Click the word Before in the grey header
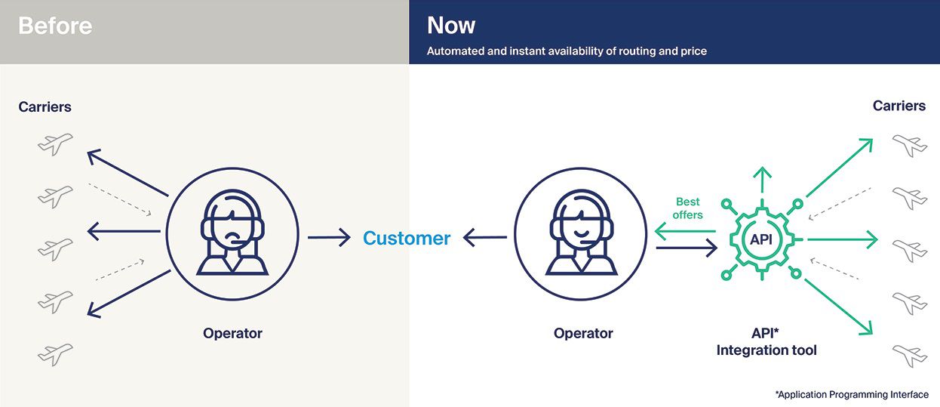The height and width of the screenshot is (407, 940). point(55,26)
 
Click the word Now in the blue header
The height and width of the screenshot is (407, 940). point(451,25)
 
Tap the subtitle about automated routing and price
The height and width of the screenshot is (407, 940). point(567,51)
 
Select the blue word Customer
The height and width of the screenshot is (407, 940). point(406,238)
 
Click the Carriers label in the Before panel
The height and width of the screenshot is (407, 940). point(45,106)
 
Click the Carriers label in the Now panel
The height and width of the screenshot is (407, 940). point(899,106)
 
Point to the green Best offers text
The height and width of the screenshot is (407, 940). point(687,208)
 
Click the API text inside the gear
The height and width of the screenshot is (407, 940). point(761,239)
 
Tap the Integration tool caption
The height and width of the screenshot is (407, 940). point(766,350)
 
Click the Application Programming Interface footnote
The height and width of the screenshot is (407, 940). point(852,394)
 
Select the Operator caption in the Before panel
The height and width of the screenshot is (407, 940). point(232,333)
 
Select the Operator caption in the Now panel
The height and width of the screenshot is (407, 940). point(583,333)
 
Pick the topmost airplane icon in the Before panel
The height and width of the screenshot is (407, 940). point(55,144)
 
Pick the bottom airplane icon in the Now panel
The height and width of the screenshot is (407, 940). point(910,356)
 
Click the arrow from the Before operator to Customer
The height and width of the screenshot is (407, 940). point(329,237)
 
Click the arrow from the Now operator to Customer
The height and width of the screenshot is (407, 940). point(484,237)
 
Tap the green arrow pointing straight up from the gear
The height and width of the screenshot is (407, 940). point(762,180)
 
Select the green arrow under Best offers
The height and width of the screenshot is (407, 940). point(685,231)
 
